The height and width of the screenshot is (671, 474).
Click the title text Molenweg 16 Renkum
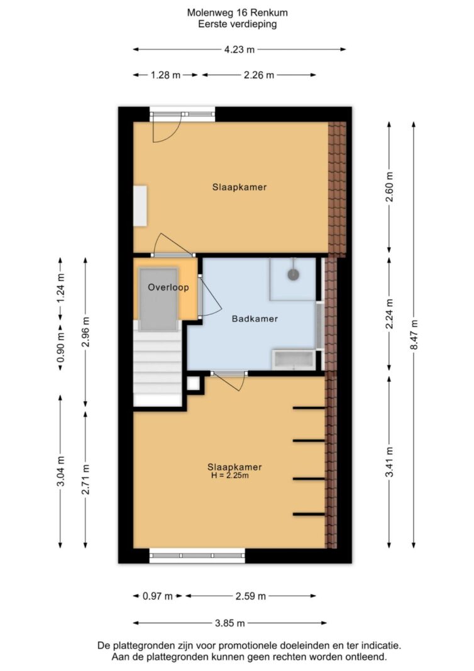pos(237,13)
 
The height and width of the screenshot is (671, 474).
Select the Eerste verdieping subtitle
pos(237,24)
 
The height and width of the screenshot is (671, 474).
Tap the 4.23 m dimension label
pos(239,50)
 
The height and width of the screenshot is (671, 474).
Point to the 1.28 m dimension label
pos(165,75)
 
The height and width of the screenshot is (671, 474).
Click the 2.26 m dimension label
pos(259,75)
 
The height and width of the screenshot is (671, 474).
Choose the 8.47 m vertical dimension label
pos(414,335)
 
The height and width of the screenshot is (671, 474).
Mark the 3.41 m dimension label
pos(389,462)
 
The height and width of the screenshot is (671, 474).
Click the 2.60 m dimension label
pos(389,187)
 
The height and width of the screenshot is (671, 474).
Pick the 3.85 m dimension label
pos(229,623)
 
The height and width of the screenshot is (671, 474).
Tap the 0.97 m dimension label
pos(157,596)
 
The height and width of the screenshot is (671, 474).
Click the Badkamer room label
pos(255,319)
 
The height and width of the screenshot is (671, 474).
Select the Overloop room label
pos(168,287)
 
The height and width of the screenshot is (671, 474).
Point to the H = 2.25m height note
pos(229,475)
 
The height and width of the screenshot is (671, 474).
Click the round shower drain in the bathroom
pos(293,275)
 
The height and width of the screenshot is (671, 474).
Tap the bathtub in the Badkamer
pos(294,360)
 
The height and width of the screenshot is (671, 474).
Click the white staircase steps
pos(158,368)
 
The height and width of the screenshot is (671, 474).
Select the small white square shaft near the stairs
pos(193,384)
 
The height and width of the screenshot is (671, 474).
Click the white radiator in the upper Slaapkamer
pos(140,206)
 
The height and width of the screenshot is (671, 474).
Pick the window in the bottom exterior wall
pos(197,556)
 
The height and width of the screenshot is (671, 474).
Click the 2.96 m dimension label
pos(85,332)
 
